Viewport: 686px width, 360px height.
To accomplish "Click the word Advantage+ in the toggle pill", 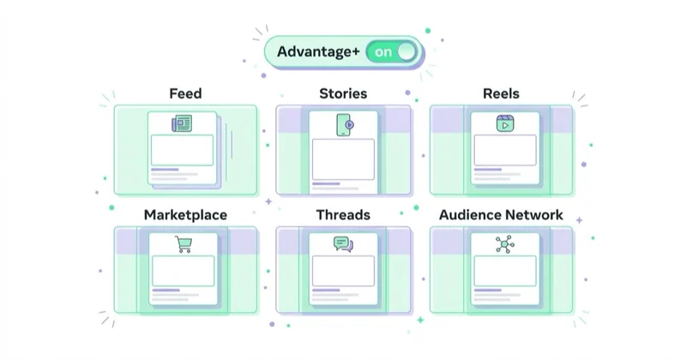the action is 318,51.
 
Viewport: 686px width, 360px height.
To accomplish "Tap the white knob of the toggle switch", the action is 406,51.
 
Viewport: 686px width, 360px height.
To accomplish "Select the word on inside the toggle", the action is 383,52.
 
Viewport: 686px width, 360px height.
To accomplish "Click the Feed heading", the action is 185,93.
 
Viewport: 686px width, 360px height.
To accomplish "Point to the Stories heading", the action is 343,93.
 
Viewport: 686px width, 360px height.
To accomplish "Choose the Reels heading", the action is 501,93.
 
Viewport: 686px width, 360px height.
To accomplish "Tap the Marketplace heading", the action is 185,215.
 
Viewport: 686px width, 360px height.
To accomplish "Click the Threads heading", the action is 343,215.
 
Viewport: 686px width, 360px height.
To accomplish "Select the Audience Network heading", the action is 501,215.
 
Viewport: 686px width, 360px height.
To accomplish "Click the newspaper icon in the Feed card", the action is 182,123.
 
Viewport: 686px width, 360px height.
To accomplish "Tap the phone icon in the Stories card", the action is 345,124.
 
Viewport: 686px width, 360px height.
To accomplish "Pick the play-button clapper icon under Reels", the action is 505,123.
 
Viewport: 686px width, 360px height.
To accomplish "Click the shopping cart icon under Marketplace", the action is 184,244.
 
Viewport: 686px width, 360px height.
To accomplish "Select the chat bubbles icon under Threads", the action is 344,244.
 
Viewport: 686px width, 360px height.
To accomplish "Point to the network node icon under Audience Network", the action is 505,244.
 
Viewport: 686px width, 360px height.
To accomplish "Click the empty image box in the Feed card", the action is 182,150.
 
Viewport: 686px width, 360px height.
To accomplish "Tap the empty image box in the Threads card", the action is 343,271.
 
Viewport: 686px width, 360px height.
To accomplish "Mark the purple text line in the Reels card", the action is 488,169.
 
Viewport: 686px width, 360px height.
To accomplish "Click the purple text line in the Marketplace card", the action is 165,290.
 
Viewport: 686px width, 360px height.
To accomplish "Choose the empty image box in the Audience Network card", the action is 505,271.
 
